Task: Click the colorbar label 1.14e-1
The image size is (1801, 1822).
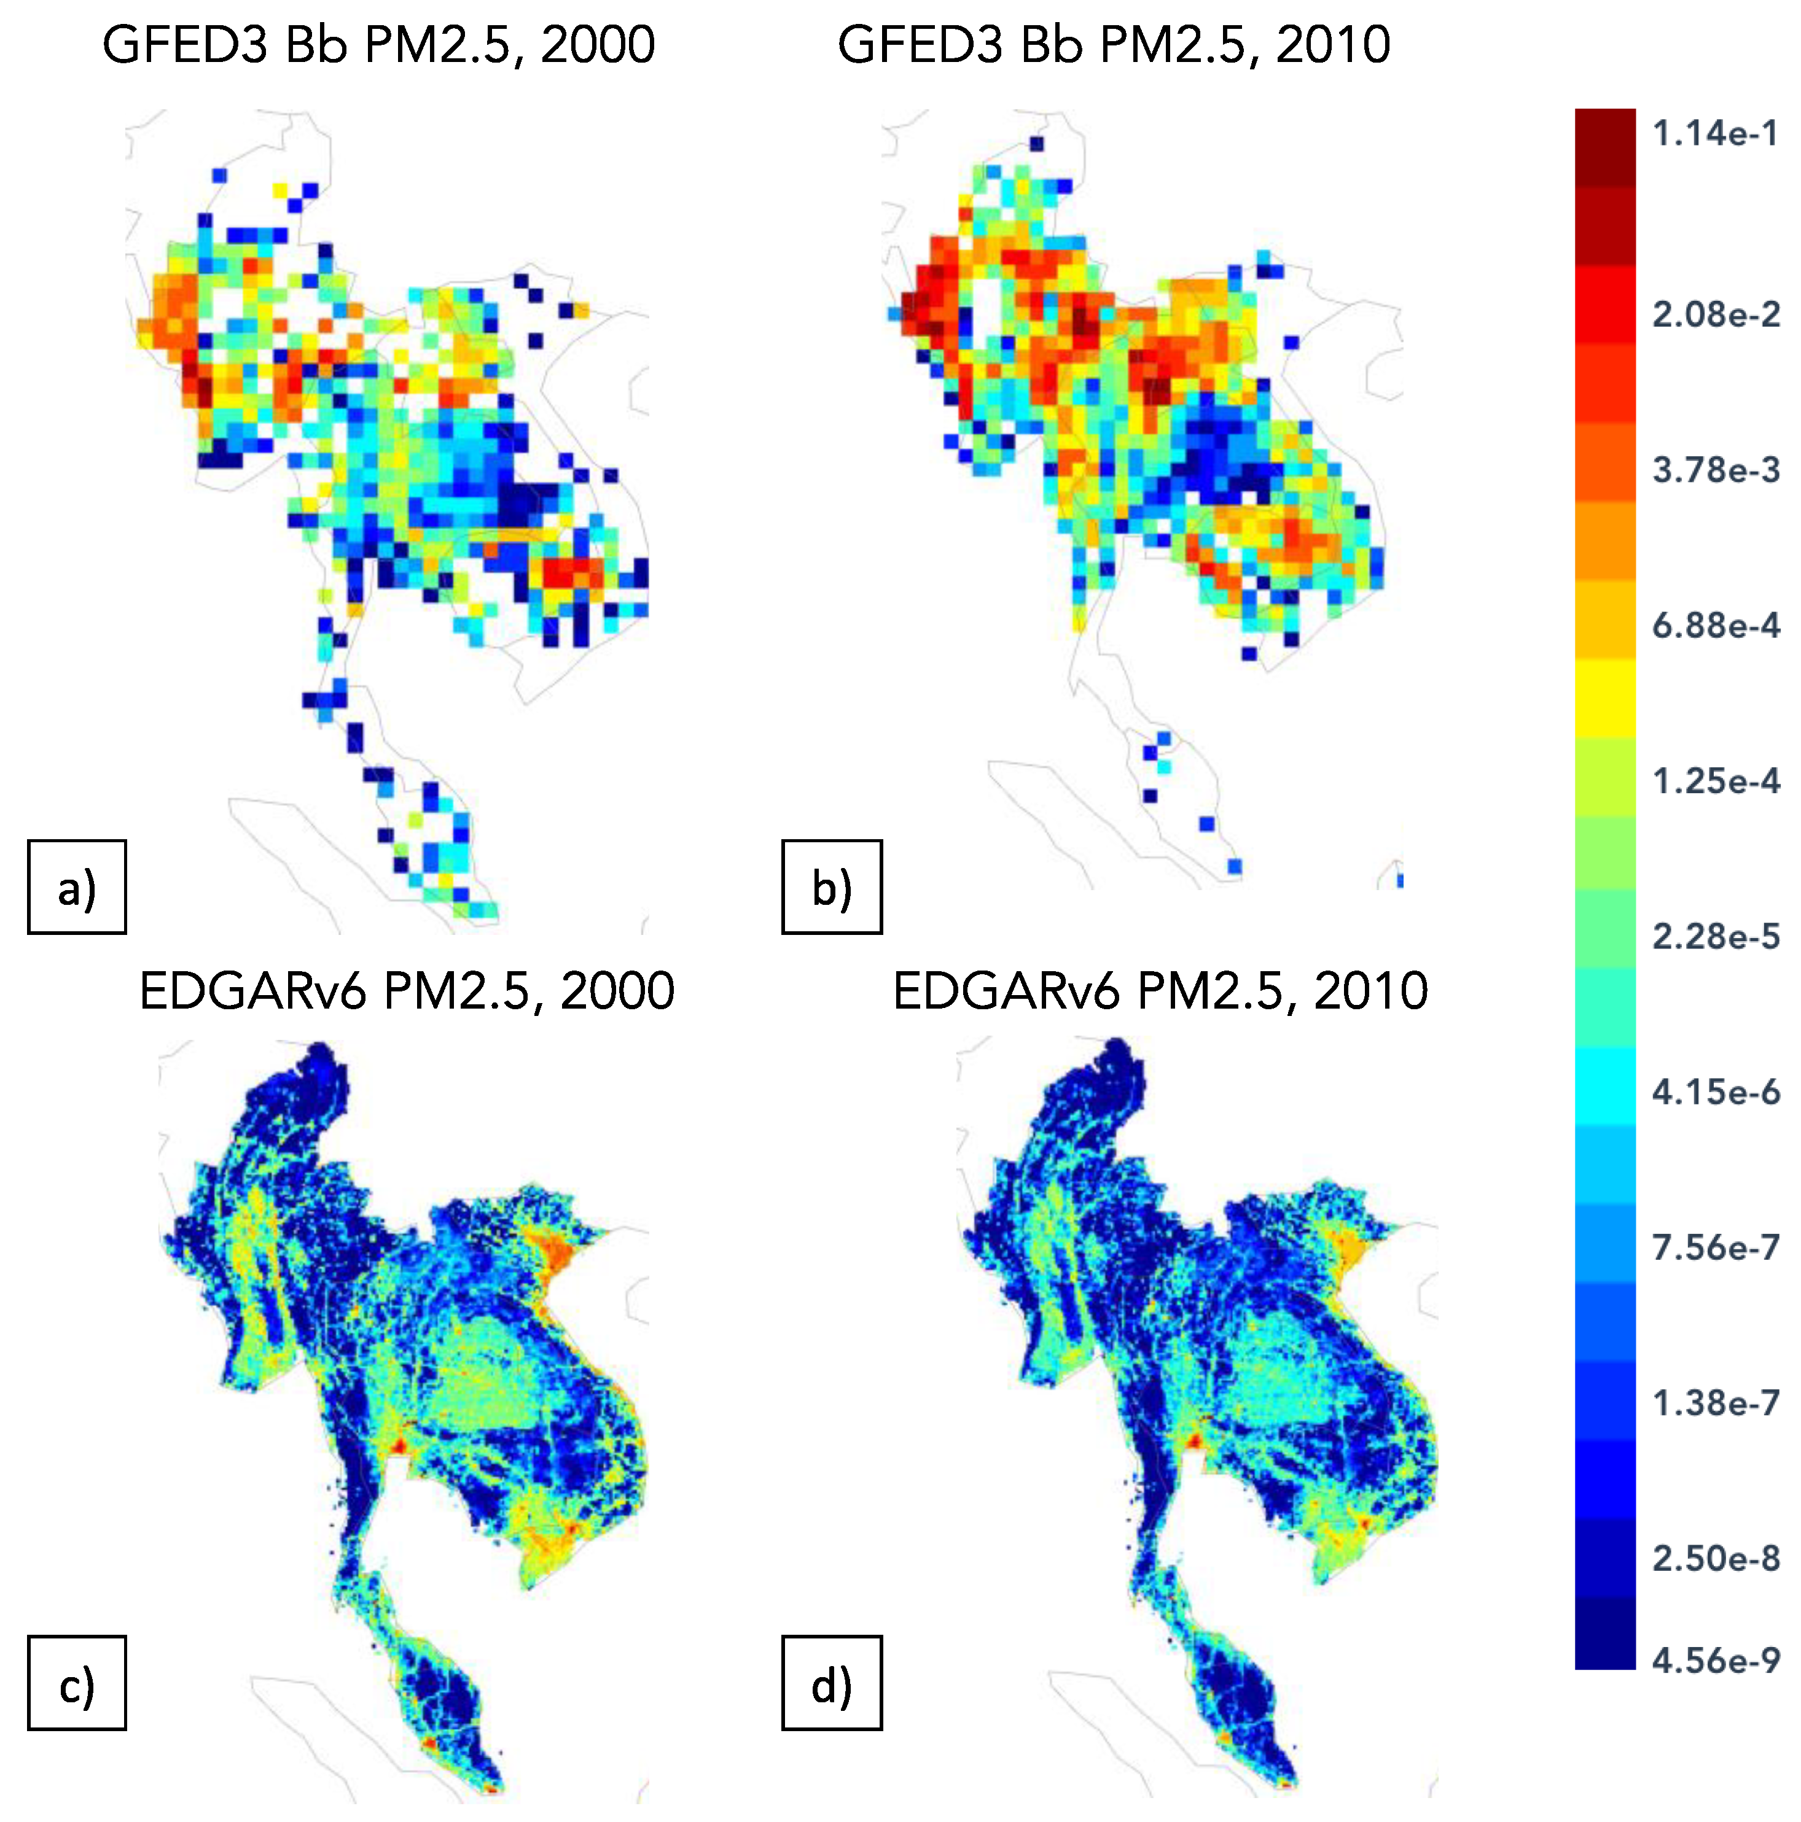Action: click(1714, 134)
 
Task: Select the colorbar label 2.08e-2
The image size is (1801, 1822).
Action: click(1714, 314)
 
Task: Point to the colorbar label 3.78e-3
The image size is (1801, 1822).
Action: click(1714, 470)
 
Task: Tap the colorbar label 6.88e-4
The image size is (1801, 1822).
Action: click(1714, 626)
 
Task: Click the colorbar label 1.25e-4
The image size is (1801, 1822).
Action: click(1714, 781)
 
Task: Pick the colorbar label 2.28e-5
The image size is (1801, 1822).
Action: click(1714, 936)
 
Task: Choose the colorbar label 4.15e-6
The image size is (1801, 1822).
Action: click(1714, 1092)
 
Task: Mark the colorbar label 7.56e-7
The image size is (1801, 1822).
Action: click(1714, 1247)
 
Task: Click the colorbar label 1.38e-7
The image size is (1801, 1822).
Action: click(1714, 1403)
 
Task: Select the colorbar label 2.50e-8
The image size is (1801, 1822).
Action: click(1714, 1559)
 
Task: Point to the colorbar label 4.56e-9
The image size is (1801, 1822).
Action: click(1714, 1661)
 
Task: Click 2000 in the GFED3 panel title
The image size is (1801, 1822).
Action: click(597, 45)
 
